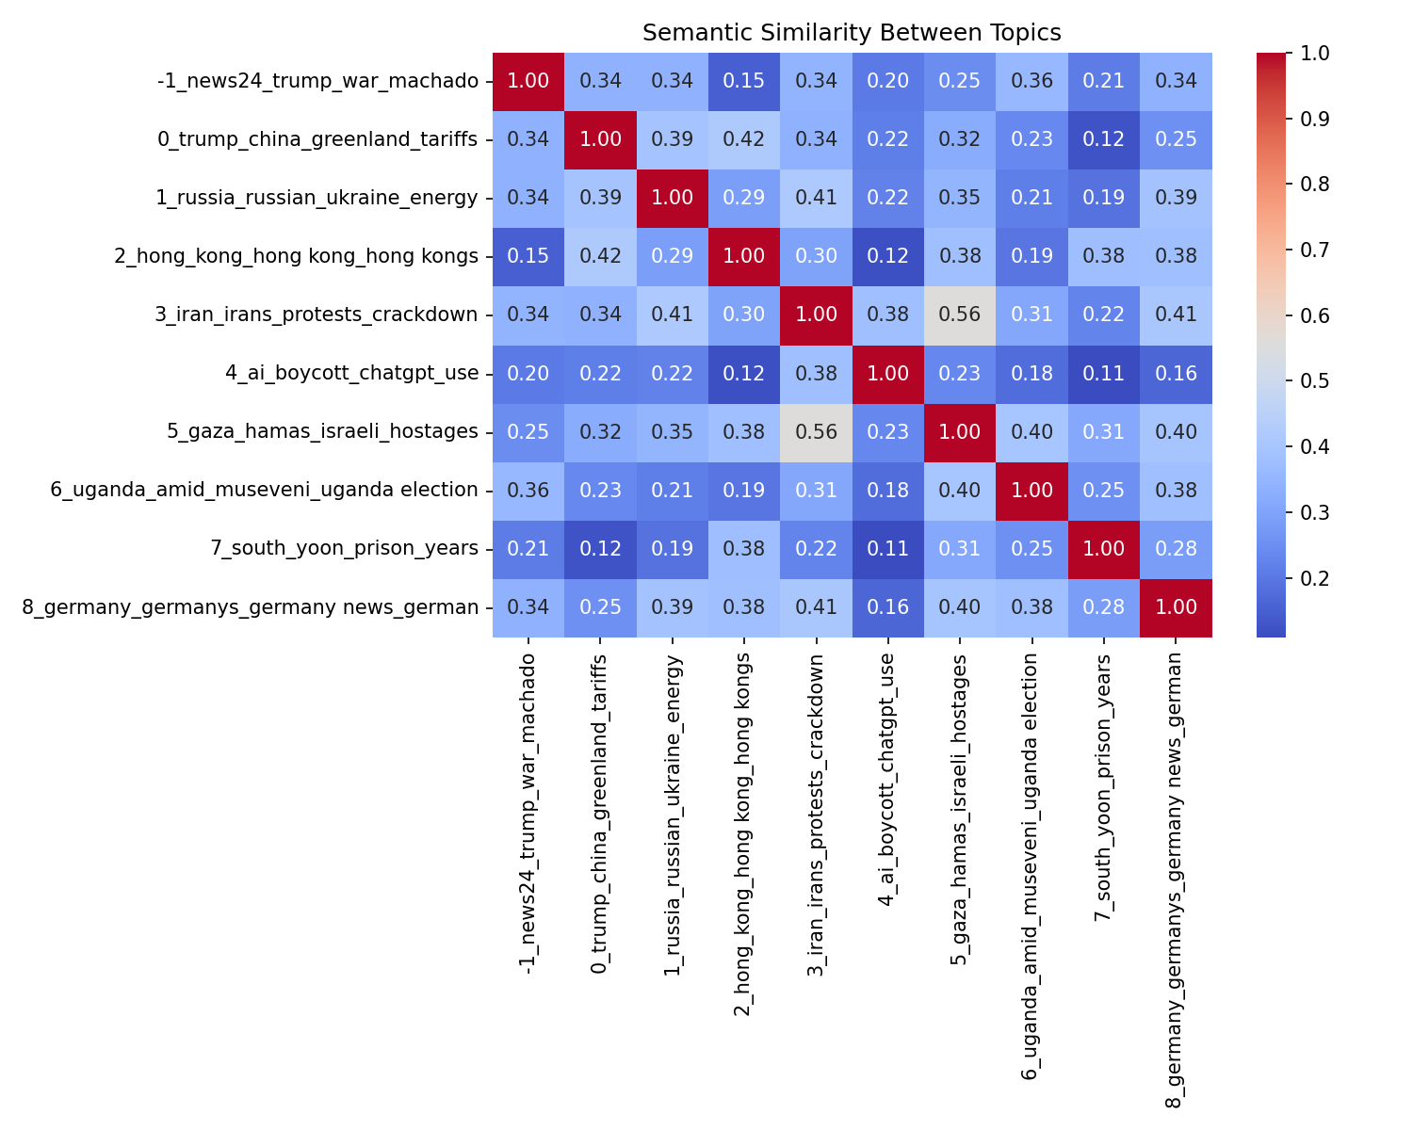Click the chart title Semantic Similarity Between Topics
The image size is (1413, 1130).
(852, 33)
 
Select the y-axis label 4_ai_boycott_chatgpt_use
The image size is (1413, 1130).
(351, 374)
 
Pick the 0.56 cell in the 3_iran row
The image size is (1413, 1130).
(960, 315)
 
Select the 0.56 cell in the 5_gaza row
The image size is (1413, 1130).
(816, 432)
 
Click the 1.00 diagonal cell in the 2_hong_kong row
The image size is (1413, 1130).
(744, 257)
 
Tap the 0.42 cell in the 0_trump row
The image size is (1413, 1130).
(744, 139)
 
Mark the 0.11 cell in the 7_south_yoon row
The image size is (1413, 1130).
(888, 549)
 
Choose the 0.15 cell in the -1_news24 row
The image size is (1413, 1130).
(744, 81)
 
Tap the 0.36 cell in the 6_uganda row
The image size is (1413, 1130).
(528, 491)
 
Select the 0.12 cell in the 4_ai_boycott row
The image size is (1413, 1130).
(744, 374)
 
